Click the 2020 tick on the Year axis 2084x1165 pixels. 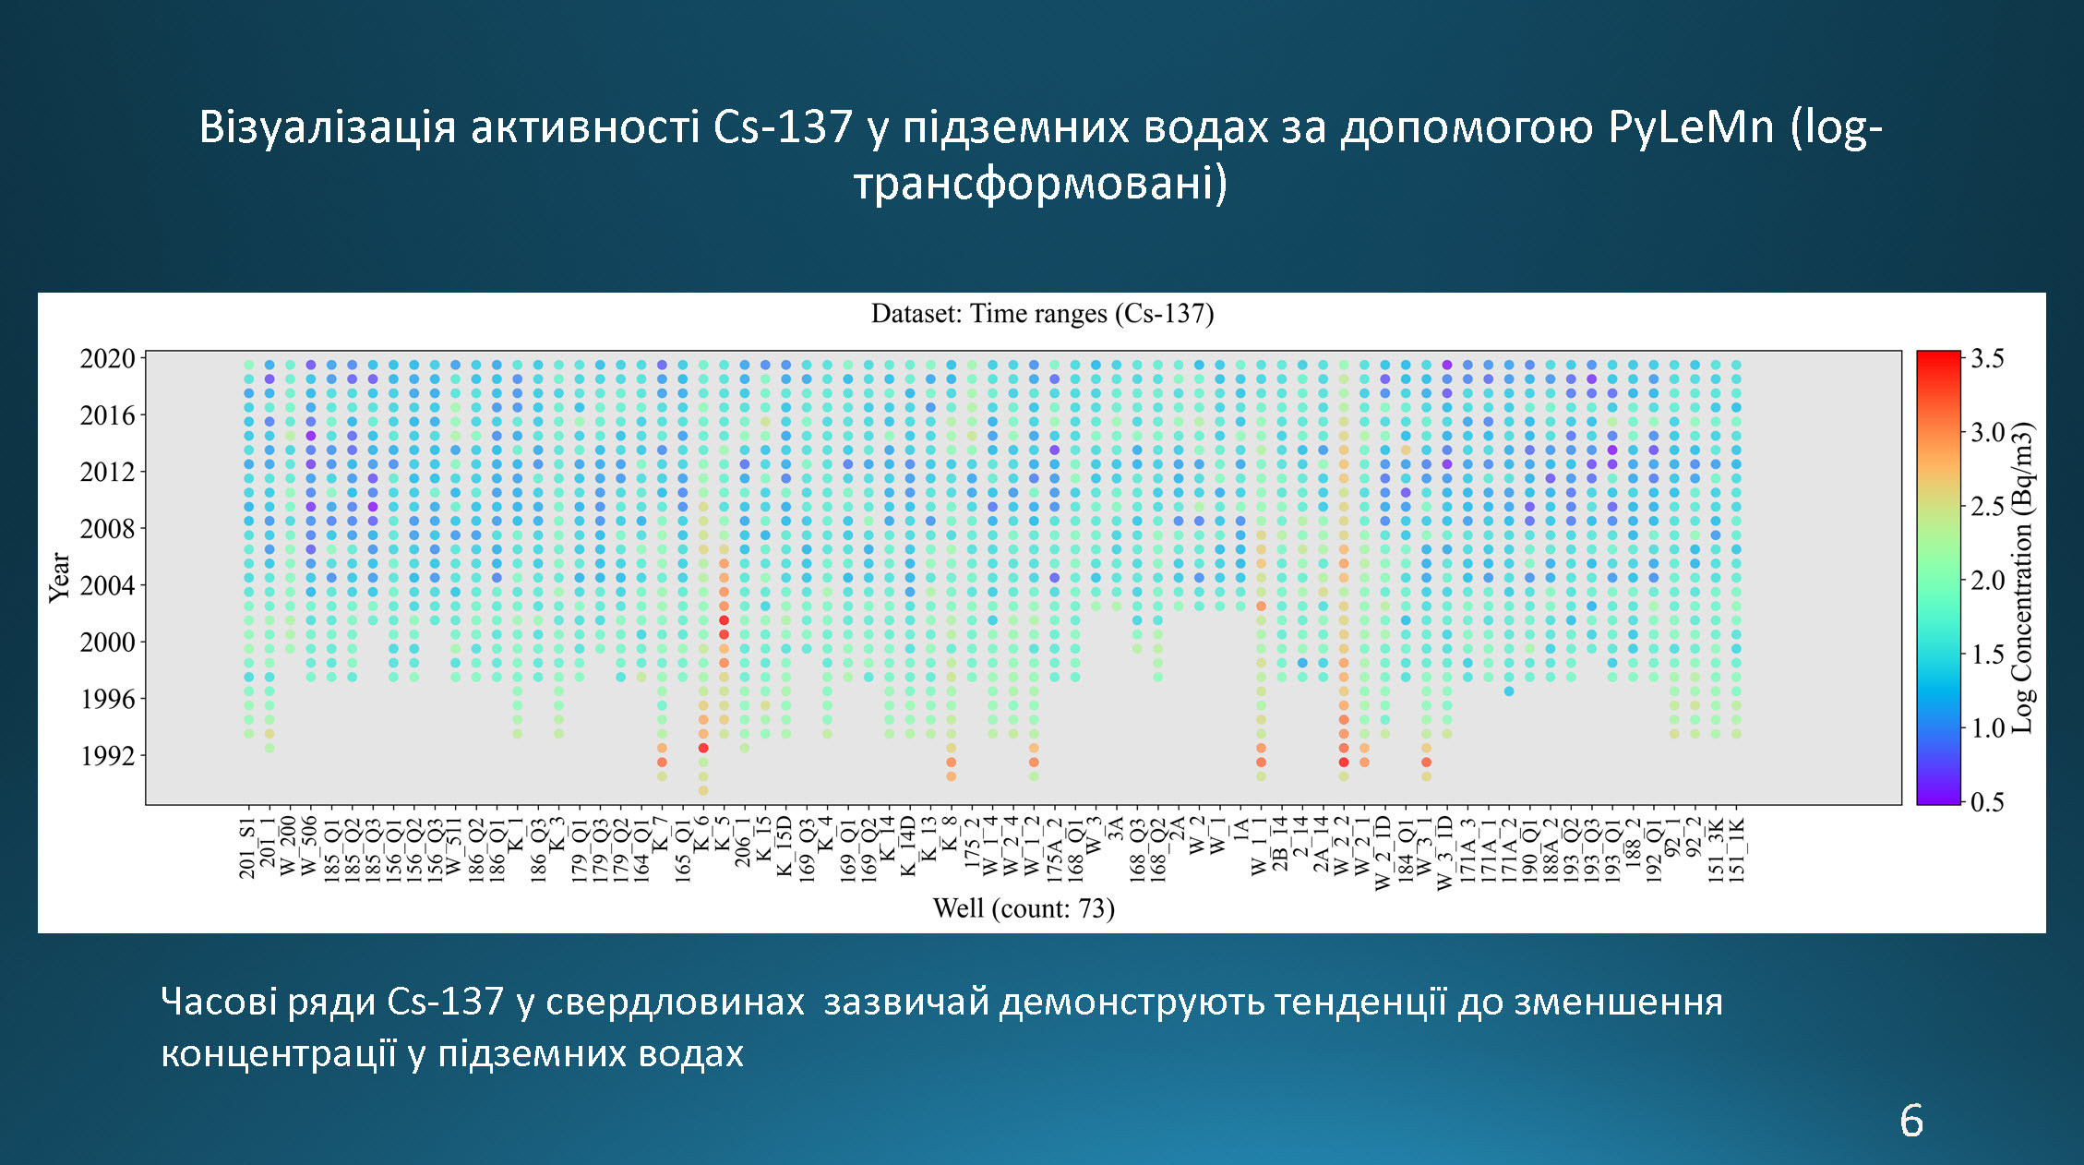(x=107, y=358)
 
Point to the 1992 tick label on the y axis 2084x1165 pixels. (x=107, y=756)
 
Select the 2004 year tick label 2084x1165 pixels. (x=107, y=585)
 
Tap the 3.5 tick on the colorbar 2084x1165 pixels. (x=1987, y=358)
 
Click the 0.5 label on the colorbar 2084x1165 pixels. (x=1987, y=801)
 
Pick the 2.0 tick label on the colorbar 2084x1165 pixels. (x=1987, y=581)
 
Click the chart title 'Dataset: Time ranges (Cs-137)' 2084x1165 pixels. (x=1042, y=314)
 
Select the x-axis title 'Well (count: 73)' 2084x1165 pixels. (x=1024, y=908)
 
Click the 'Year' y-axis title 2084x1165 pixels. (x=60, y=578)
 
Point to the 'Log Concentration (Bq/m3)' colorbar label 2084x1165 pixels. (x=2022, y=578)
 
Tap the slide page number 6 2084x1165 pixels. (x=1911, y=1121)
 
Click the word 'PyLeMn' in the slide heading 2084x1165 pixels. (x=1691, y=127)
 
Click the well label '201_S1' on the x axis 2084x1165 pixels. (x=247, y=847)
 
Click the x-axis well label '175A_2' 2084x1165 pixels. (x=1054, y=847)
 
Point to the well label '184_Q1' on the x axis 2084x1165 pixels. (x=1406, y=847)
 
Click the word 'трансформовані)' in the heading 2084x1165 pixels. (x=1041, y=183)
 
